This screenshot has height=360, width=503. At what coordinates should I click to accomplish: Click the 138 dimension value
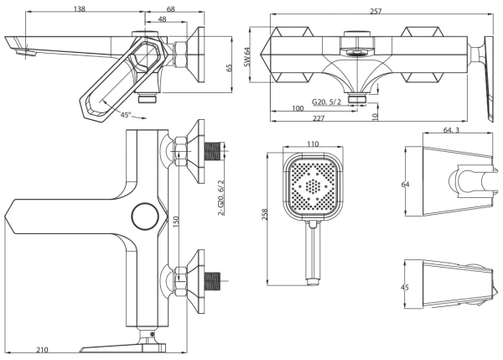[80, 8]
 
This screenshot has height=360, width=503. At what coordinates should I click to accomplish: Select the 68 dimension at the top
[171, 8]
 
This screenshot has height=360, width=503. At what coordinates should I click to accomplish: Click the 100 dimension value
[298, 109]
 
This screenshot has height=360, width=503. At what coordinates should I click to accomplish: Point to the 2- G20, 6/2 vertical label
[222, 197]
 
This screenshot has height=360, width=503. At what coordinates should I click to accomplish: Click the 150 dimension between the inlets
[177, 220]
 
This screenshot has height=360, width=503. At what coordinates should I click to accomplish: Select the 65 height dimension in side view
[227, 69]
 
